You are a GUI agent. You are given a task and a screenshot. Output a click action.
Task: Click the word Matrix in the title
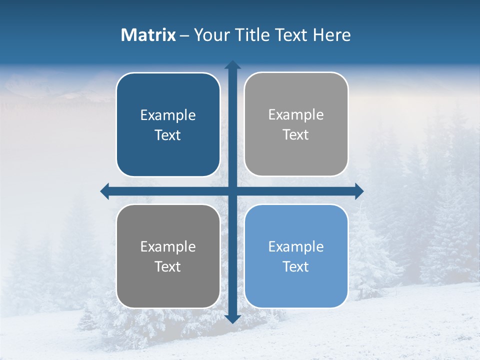pyautogui.click(x=148, y=35)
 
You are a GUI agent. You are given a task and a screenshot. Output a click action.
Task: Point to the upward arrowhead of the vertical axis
pyautogui.click(x=232, y=65)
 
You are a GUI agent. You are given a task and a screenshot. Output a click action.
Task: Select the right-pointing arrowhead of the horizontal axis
pyautogui.click(x=359, y=191)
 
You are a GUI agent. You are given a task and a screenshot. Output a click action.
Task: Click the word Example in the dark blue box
pyautogui.click(x=168, y=115)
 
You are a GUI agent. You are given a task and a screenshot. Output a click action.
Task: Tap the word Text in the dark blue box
pyautogui.click(x=168, y=135)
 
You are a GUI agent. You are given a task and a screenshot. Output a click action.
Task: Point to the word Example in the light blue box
pyautogui.click(x=296, y=246)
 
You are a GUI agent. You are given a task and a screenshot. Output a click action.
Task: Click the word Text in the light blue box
pyautogui.click(x=296, y=266)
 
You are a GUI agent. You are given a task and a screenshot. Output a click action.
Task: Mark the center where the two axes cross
pyautogui.click(x=232, y=191)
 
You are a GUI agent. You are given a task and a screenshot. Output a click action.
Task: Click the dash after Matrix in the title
pyautogui.click(x=184, y=36)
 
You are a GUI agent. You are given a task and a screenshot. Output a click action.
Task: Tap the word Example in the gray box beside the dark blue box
pyautogui.click(x=296, y=115)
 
